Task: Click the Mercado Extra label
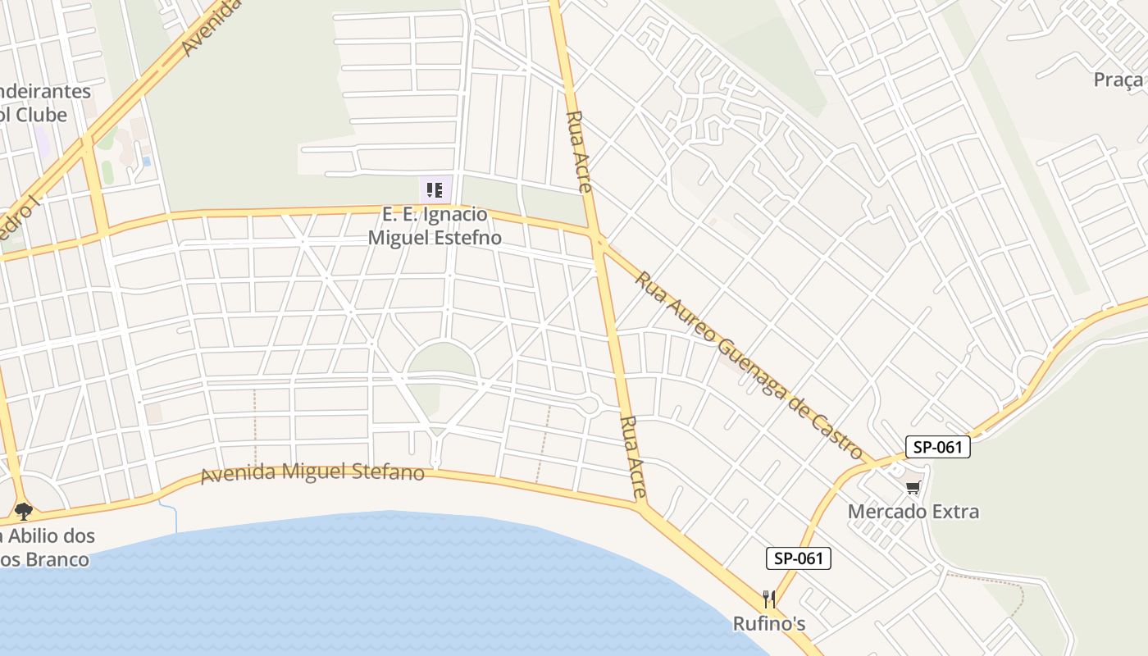click(x=913, y=512)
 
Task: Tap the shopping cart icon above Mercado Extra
click(x=913, y=488)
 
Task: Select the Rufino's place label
click(x=768, y=624)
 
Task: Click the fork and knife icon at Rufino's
click(x=768, y=599)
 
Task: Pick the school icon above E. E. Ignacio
click(x=435, y=190)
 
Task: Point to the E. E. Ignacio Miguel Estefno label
click(x=435, y=226)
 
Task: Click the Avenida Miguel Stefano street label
click(x=312, y=472)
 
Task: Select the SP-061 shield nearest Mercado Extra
click(x=937, y=447)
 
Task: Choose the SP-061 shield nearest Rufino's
click(x=799, y=558)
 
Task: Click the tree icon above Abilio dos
click(x=23, y=512)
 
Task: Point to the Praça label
click(x=1118, y=80)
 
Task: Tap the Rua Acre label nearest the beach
click(x=634, y=458)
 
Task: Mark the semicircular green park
click(x=441, y=360)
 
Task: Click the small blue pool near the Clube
click(x=146, y=162)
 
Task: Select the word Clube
click(x=41, y=115)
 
